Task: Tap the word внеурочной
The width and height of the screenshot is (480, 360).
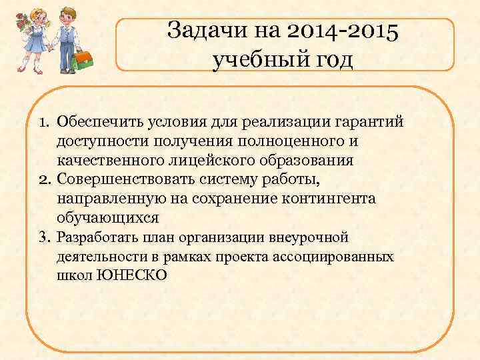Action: [x=311, y=237]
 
